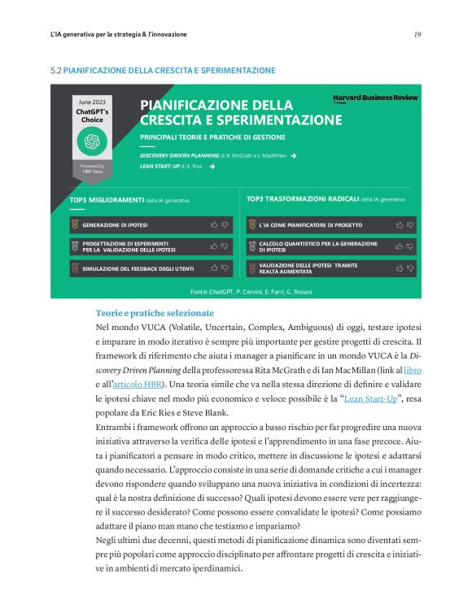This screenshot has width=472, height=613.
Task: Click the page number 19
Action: tap(417, 35)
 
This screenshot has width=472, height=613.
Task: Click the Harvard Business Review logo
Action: tap(375, 98)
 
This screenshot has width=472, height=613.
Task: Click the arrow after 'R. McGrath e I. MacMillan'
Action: tap(293, 154)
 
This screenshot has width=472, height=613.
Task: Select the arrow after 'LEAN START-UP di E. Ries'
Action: tap(212, 166)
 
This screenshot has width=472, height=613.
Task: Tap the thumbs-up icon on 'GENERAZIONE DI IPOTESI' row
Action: tap(214, 224)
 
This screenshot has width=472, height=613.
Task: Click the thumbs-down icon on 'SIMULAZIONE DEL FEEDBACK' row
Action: tap(225, 267)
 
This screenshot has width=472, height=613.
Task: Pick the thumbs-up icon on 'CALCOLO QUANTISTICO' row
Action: tap(399, 246)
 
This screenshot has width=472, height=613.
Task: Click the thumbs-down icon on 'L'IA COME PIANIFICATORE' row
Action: tap(410, 224)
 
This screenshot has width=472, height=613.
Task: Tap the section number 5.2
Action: tap(56, 71)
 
